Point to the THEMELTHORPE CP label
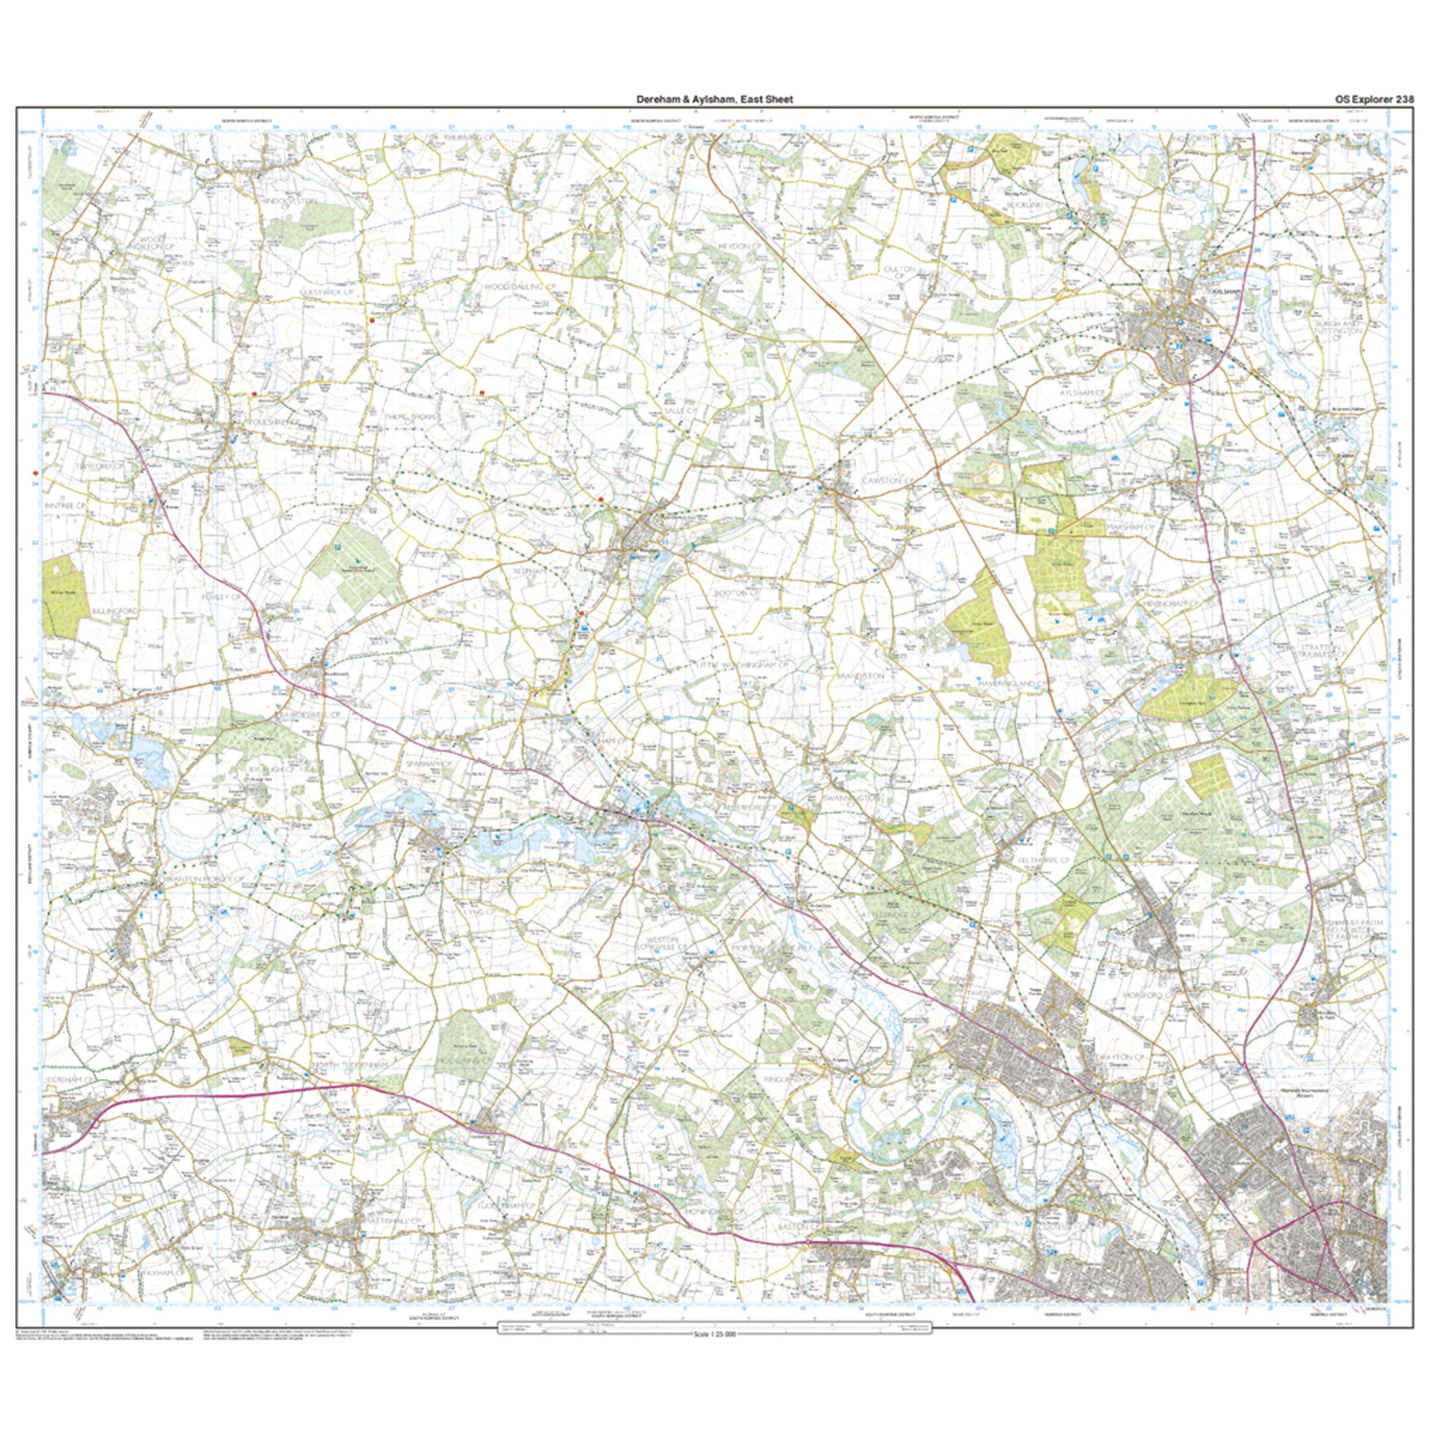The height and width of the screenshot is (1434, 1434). [x=413, y=417]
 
